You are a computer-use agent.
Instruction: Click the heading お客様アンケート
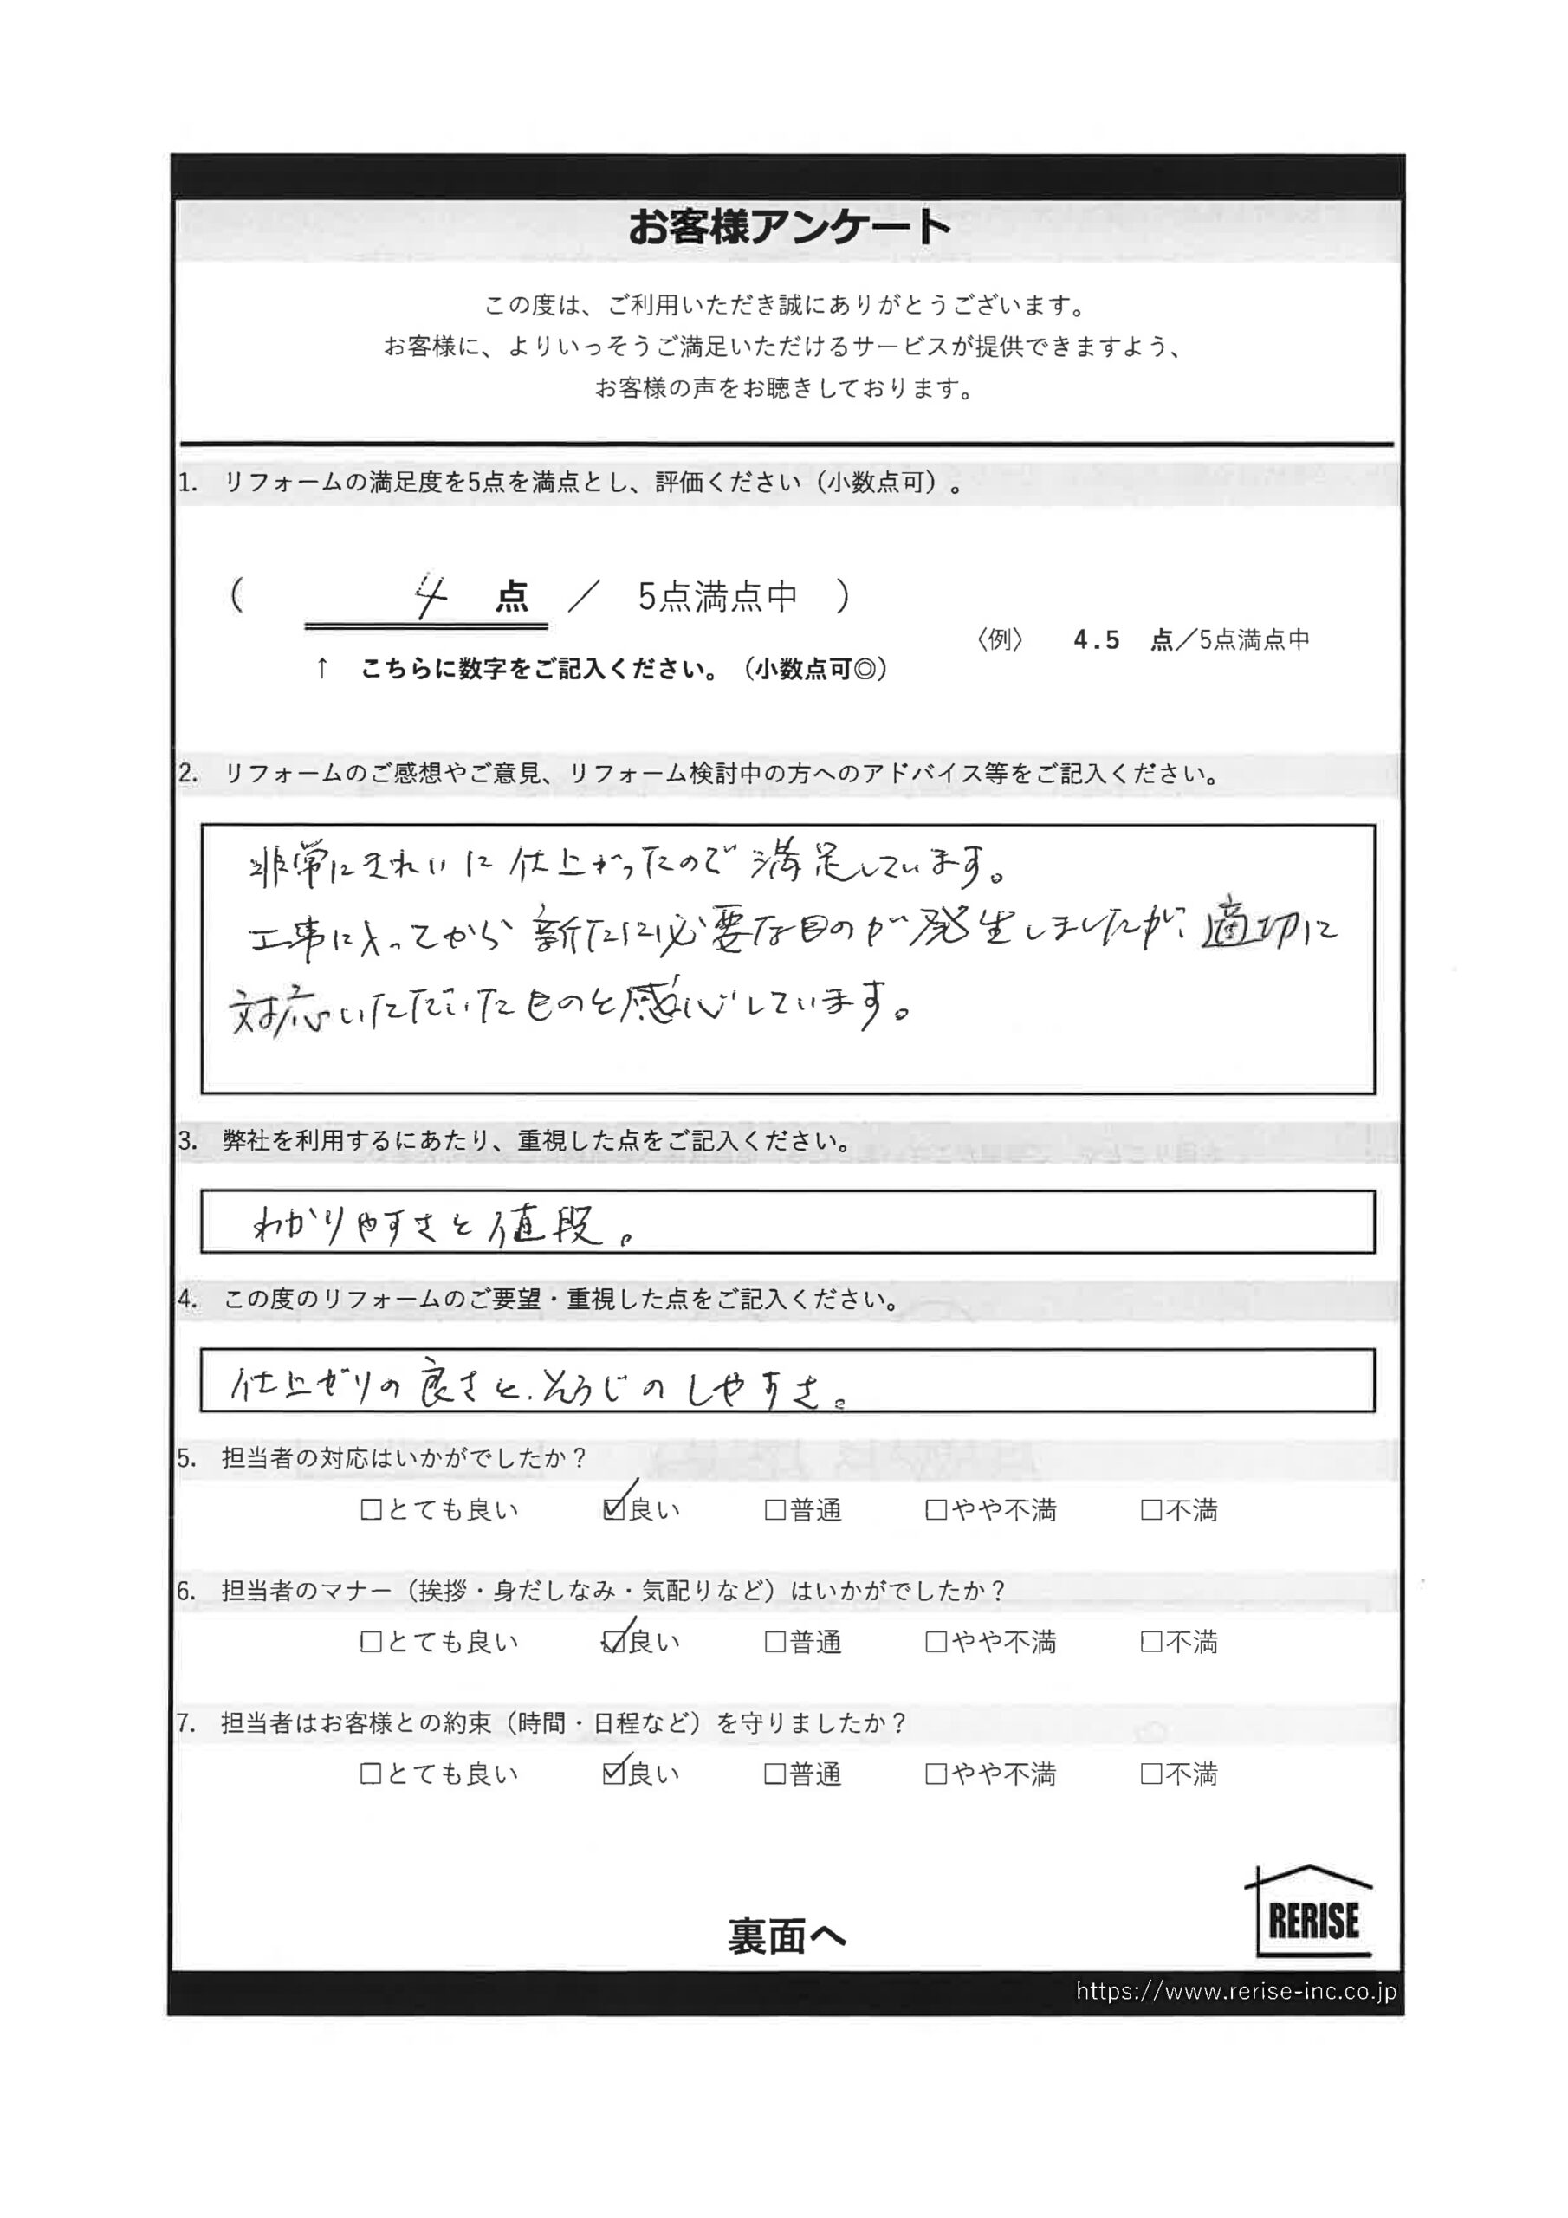[789, 228]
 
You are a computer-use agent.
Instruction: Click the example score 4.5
[1096, 640]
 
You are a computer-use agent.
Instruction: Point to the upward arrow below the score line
[322, 667]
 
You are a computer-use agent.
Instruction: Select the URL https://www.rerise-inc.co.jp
[1235, 1991]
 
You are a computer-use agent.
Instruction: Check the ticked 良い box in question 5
[612, 1510]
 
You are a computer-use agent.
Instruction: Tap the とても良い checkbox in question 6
[371, 1642]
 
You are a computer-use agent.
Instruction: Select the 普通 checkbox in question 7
[774, 1774]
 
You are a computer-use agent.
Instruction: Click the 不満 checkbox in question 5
[1150, 1510]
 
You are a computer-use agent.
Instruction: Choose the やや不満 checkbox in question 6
[936, 1642]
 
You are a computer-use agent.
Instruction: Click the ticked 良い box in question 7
[612, 1774]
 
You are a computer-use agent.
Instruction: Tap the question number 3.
[187, 1141]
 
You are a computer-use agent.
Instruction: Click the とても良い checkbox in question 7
[371, 1774]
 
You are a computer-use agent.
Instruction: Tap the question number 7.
[187, 1722]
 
